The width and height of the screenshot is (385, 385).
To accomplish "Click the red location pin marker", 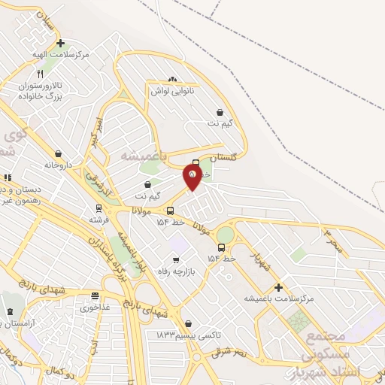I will coord(192,177).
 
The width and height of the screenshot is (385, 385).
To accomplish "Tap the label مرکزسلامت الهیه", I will coord(61,55).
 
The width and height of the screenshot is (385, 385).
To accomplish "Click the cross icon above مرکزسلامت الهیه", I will coord(60,44).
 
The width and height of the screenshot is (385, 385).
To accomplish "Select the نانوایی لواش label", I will coord(174,90).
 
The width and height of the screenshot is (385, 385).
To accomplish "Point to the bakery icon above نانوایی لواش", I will coord(173,79).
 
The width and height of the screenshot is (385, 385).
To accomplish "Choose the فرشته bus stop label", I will coord(99,220).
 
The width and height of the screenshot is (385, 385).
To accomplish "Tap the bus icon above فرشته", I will coord(98,208).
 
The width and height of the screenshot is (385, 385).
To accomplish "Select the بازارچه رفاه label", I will coord(174,271).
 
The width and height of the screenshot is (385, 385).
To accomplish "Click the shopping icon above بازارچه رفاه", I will coord(176,259).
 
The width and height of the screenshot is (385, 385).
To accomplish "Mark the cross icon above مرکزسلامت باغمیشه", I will coord(278,287).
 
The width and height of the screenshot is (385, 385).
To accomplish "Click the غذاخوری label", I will coord(95,308).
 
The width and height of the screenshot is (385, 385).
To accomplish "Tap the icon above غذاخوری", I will coord(94,296).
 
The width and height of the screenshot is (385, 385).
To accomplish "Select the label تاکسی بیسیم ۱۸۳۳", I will coord(180,334).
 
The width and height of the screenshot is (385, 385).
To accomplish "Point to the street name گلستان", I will coord(223,158).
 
